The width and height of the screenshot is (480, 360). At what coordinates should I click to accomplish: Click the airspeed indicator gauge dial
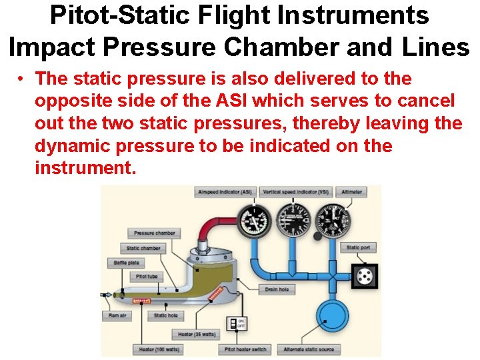(x=253, y=221)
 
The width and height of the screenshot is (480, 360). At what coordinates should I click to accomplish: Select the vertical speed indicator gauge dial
(x=292, y=220)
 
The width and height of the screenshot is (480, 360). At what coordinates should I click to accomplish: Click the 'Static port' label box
(x=358, y=247)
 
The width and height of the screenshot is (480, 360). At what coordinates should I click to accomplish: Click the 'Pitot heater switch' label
(x=245, y=349)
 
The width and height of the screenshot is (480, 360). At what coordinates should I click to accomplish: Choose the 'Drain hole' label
(x=275, y=290)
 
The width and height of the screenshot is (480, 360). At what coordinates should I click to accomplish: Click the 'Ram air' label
(x=117, y=315)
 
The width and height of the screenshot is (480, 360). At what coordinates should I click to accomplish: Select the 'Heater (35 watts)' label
(x=196, y=333)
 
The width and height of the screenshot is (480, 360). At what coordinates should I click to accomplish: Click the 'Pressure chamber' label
(x=154, y=233)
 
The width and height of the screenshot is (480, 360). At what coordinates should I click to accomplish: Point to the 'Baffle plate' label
(x=126, y=263)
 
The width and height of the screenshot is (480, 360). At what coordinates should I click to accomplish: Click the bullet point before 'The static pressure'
(x=22, y=79)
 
